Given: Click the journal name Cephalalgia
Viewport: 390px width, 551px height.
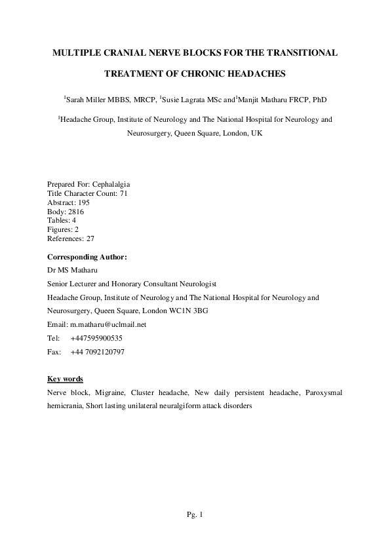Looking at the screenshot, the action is pyautogui.click(x=117, y=184).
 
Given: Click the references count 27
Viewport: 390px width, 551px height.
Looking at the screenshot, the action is pyautogui.click(x=90, y=239).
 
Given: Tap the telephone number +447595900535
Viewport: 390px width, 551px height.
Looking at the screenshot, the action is pyautogui.click(x=96, y=338).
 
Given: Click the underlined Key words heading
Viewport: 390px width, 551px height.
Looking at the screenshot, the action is pyautogui.click(x=66, y=379).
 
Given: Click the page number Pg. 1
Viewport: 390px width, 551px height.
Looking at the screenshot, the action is pyautogui.click(x=195, y=515).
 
